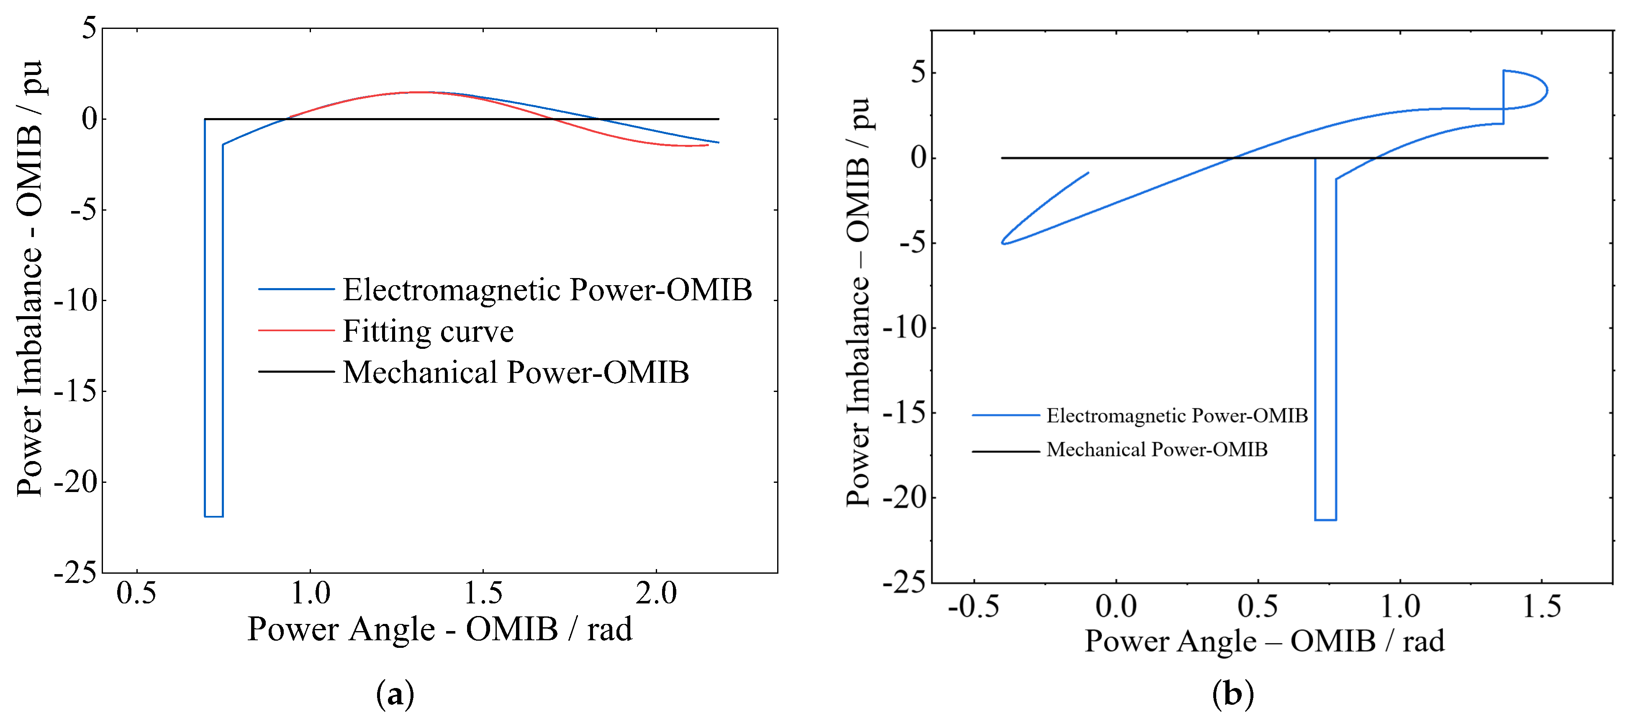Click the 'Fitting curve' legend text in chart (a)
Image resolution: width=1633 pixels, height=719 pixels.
(428, 332)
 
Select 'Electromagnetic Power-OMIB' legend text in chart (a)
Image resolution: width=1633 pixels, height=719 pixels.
(547, 290)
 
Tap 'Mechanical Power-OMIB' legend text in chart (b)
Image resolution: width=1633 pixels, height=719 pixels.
(1156, 450)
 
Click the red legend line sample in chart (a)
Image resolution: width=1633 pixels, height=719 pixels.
(296, 330)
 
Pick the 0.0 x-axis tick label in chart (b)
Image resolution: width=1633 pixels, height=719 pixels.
(1116, 607)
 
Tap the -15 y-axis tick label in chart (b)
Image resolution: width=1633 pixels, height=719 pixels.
(905, 413)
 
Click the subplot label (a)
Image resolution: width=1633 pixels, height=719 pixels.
(395, 694)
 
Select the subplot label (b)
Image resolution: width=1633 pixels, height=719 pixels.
(1232, 694)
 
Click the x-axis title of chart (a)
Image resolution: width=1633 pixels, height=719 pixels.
(439, 630)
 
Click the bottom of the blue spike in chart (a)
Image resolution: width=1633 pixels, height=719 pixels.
(213, 516)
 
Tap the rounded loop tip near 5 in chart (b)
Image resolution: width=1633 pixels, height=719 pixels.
(1547, 90)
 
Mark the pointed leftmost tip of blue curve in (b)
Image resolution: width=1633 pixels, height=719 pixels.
(1002, 243)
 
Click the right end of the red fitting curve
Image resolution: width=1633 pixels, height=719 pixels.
(707, 145)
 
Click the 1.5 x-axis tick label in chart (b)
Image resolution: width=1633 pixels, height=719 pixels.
(1542, 607)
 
